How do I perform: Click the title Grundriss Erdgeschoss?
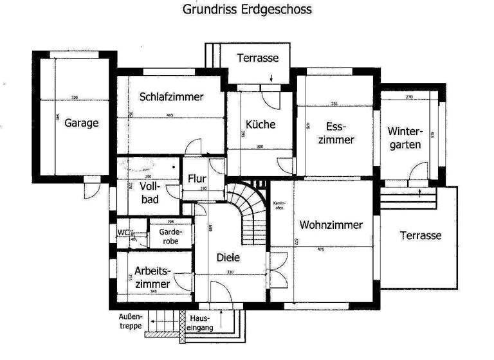[247, 10]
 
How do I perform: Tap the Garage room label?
[82, 123]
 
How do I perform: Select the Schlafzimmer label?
[171, 97]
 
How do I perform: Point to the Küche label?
[261, 124]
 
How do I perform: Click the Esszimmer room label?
[336, 132]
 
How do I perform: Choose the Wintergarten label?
[404, 138]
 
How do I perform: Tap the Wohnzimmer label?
[331, 225]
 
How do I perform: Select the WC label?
[123, 233]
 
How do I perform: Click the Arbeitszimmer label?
[153, 277]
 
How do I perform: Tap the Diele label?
[228, 257]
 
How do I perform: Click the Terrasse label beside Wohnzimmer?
[421, 235]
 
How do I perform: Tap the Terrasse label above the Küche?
[257, 58]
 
